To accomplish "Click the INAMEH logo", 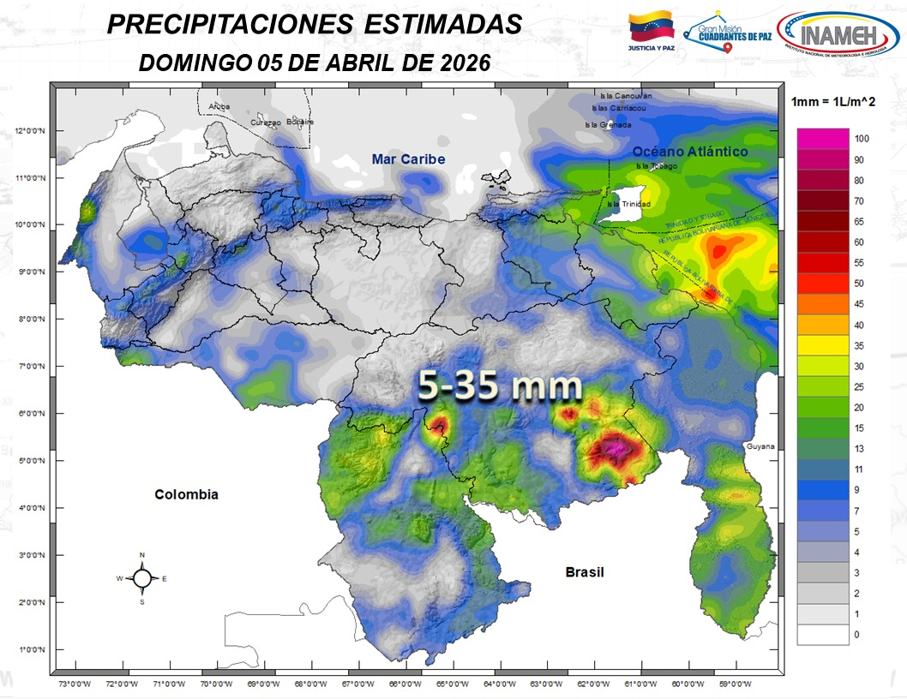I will pos(838,34).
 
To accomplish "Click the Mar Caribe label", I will pos(408,158).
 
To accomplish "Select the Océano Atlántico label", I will pos(691,152).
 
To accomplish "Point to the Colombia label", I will pos(186,494).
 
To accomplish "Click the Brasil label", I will pos(584,571).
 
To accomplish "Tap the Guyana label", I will pos(760,446).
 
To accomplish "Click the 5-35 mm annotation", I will pos(499,385).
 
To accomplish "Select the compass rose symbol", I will pos(142,579).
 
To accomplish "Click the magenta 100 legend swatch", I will pos(822,139).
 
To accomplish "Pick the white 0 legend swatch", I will pos(822,635).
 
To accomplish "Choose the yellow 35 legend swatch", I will pos(822,345).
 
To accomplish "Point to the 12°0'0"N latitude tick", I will pos(29,131).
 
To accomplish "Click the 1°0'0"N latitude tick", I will pos(29,648).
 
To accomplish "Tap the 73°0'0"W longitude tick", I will pos(75,684).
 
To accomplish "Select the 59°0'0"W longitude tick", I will pos(735,684).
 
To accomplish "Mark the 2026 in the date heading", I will pos(461,63).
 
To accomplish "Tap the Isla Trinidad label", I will pos(628,204).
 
